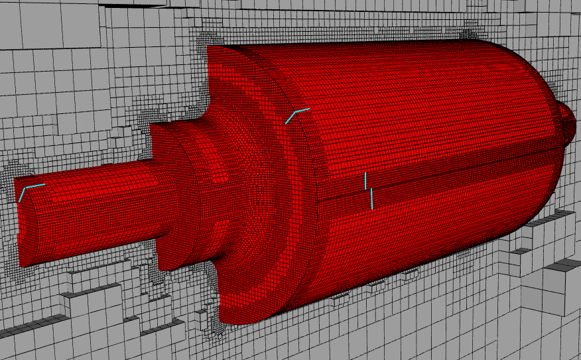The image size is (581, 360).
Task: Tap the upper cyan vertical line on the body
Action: click(x=365, y=180)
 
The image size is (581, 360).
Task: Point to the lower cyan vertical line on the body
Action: click(x=372, y=198)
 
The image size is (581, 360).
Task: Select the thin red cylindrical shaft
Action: click(x=93, y=206)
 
